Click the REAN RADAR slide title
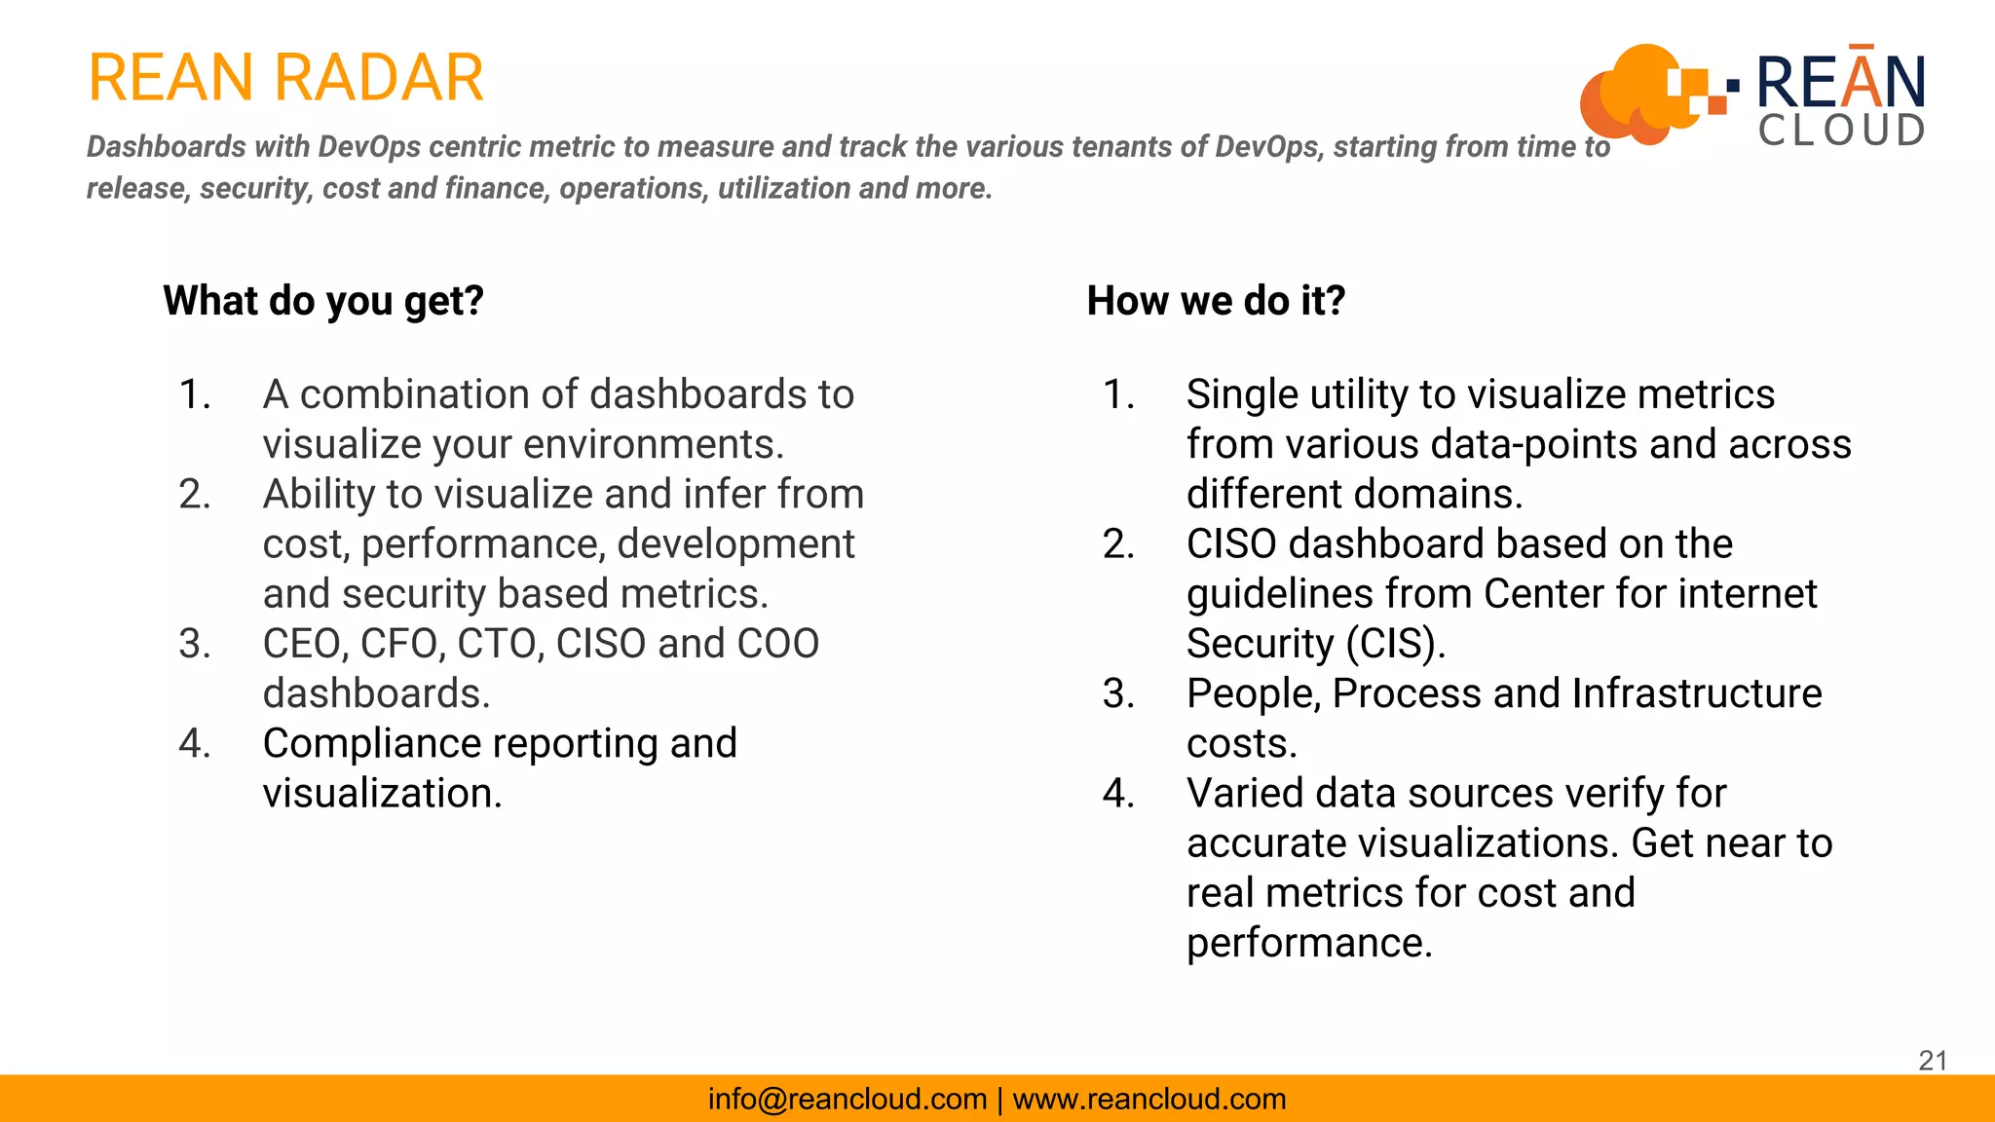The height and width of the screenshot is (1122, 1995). coord(285,78)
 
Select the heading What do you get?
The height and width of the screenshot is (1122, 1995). coord(323,301)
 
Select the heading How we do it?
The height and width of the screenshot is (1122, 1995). coord(1216,301)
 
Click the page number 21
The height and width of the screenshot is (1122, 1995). coord(1933,1061)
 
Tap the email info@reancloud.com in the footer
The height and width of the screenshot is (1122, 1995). coord(847,1099)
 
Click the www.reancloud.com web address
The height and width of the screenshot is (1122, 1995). coord(1149,1099)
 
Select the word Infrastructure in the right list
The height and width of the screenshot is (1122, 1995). coord(1696,693)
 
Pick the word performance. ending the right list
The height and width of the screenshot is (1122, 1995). coord(1309,943)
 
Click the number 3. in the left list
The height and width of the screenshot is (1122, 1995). coord(195,644)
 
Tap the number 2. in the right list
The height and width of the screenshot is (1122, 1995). coord(1118,544)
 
